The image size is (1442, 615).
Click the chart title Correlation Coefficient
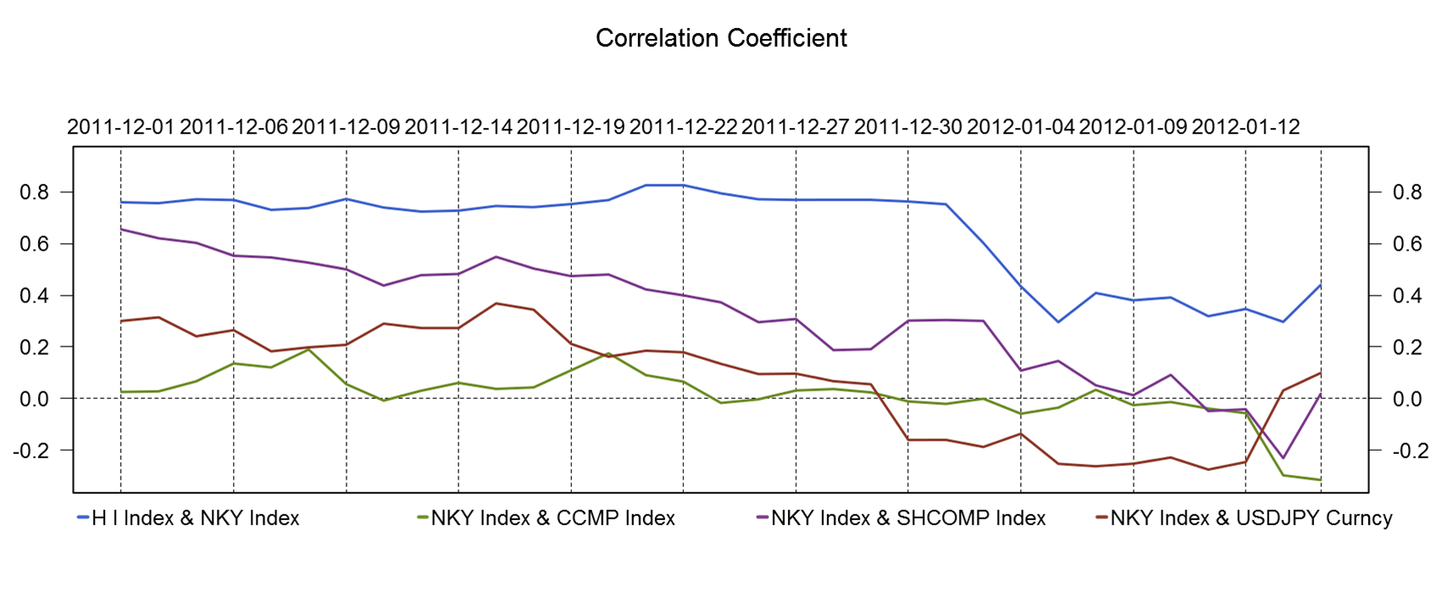coord(721,38)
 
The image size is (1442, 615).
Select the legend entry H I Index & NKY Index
coord(195,518)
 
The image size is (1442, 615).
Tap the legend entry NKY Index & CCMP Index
coord(552,518)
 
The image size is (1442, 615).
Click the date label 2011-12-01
coord(121,127)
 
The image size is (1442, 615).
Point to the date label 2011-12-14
coord(458,127)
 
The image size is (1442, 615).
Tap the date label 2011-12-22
coord(684,127)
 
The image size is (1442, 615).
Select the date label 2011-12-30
coord(908,127)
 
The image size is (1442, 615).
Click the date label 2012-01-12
coord(1245,127)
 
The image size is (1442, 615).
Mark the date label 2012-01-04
coord(1021,127)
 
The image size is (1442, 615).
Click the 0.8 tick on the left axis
coord(35,192)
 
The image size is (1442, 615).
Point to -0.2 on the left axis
coord(31,451)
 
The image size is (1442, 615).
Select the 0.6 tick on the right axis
coord(1407,244)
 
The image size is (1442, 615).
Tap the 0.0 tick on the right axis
coord(1407,399)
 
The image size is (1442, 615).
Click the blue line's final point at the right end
coord(1320,285)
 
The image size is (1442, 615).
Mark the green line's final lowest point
coord(1320,479)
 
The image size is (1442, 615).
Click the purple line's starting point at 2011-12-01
coord(121,229)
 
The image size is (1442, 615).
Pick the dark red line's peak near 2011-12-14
coord(496,303)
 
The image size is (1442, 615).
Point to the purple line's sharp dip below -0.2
coord(1283,458)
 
